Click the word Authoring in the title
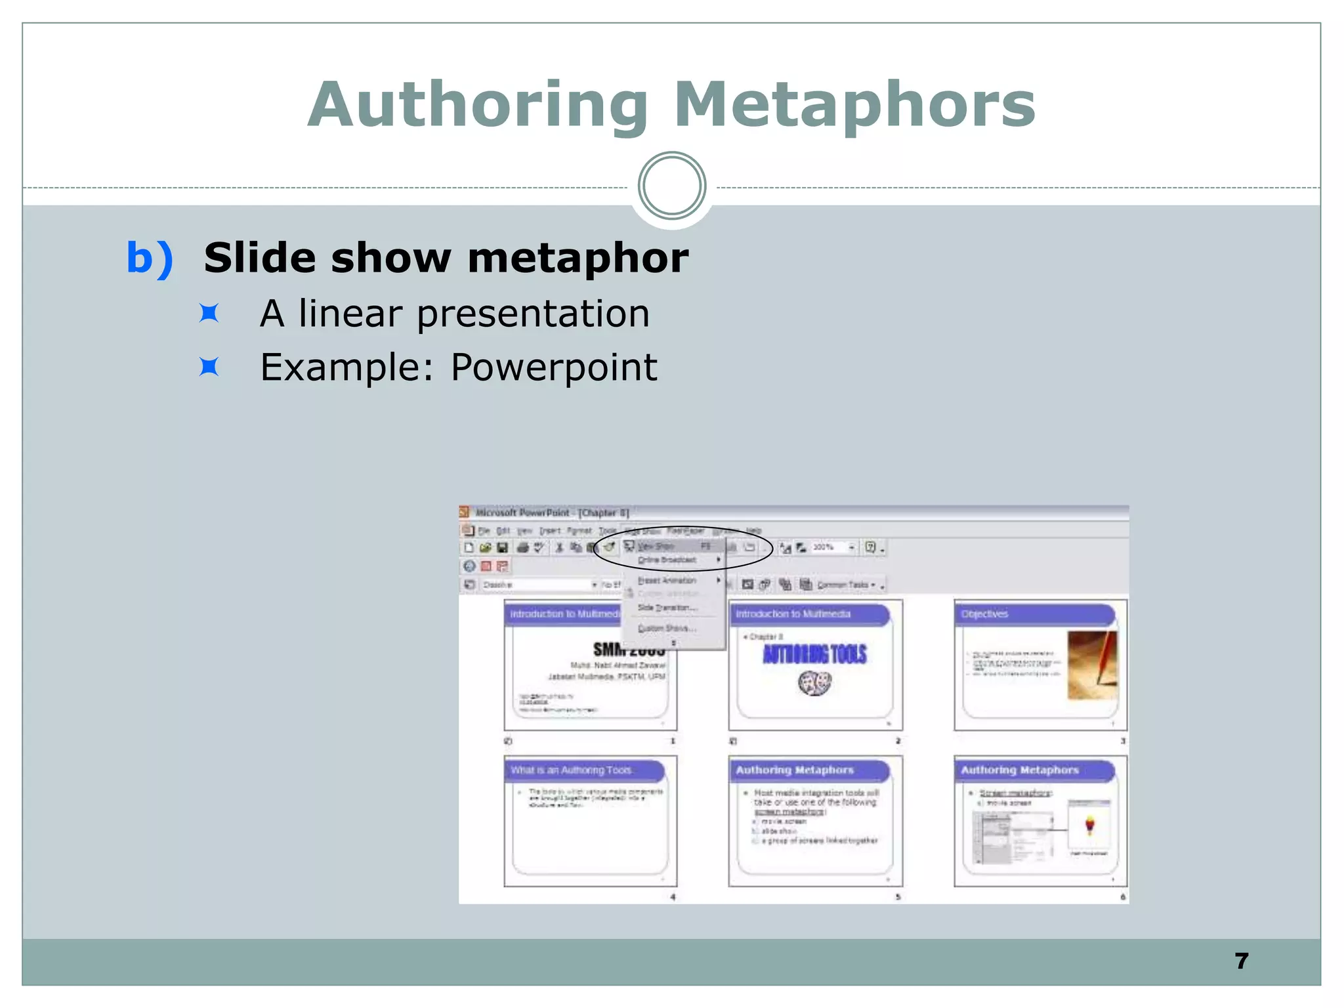pos(478,105)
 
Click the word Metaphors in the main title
pos(854,105)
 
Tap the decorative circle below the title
pos(671,186)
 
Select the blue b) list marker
pos(150,257)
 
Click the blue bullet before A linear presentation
pos(209,314)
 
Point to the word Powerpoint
pos(553,367)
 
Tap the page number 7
pos(1241,961)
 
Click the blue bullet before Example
pos(209,367)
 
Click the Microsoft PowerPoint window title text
pos(551,513)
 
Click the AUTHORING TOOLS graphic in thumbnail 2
pos(814,654)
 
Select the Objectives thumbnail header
pos(1034,614)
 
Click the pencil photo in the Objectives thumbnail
pos(1091,665)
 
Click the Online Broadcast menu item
pos(667,560)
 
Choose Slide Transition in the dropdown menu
pos(667,608)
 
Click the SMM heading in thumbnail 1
pos(628,650)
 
